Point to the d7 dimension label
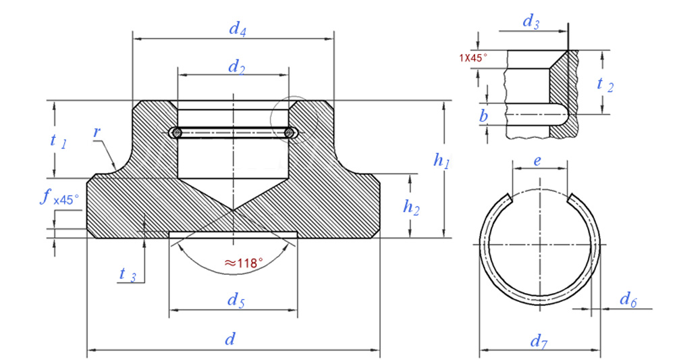click(538, 342)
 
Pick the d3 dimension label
click(531, 22)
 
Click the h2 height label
click(411, 207)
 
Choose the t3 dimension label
click(128, 274)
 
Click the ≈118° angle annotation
click(242, 263)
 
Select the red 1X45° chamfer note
click(473, 57)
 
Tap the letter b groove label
click(483, 117)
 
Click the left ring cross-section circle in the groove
click(176, 132)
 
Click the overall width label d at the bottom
click(230, 339)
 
